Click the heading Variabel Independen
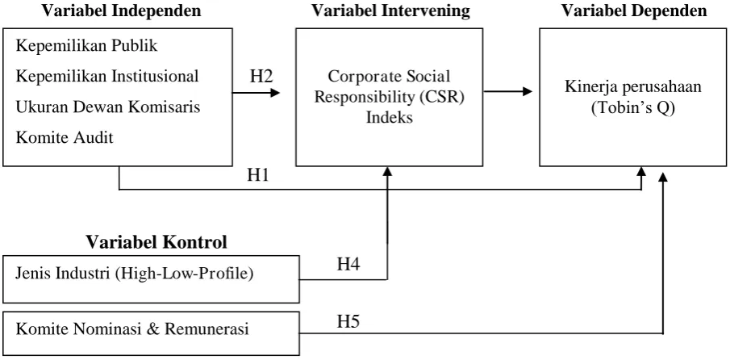(122, 11)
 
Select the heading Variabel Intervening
(390, 11)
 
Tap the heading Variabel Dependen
(634, 11)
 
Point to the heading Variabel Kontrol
(156, 242)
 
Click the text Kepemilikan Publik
(87, 46)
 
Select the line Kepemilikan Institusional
(107, 77)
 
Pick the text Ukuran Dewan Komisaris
(108, 107)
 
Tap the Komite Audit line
(65, 138)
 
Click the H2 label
(261, 77)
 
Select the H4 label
(348, 265)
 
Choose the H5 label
(348, 321)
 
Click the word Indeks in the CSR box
(390, 117)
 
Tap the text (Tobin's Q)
(633, 108)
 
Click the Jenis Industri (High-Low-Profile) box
(151, 279)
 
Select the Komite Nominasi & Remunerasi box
(151, 334)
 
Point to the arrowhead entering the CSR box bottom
(387, 172)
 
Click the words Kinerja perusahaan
(633, 87)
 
